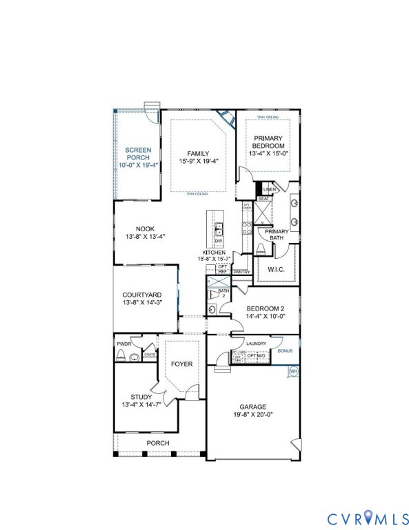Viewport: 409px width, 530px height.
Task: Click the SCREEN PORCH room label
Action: pos(138,157)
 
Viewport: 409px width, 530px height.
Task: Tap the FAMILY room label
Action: pos(198,157)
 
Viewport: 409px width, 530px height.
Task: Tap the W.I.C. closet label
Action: pos(276,270)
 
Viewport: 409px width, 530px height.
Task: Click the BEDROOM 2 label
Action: pos(265,313)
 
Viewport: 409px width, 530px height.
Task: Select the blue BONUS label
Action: pos(285,351)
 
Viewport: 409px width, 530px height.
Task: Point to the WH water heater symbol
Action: pos(293,371)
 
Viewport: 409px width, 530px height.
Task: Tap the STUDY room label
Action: pos(141,400)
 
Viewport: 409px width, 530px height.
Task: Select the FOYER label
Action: pos(181,364)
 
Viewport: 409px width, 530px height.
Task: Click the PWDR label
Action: pos(124,343)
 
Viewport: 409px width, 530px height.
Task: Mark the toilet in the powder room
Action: pos(121,356)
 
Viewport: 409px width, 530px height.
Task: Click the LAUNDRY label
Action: pos(246,344)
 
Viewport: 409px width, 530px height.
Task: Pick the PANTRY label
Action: pos(241,272)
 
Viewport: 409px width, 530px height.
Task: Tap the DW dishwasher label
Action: pos(218,241)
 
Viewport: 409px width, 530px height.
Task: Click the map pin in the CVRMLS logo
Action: pos(367,516)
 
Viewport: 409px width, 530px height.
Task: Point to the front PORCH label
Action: pos(157,443)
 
